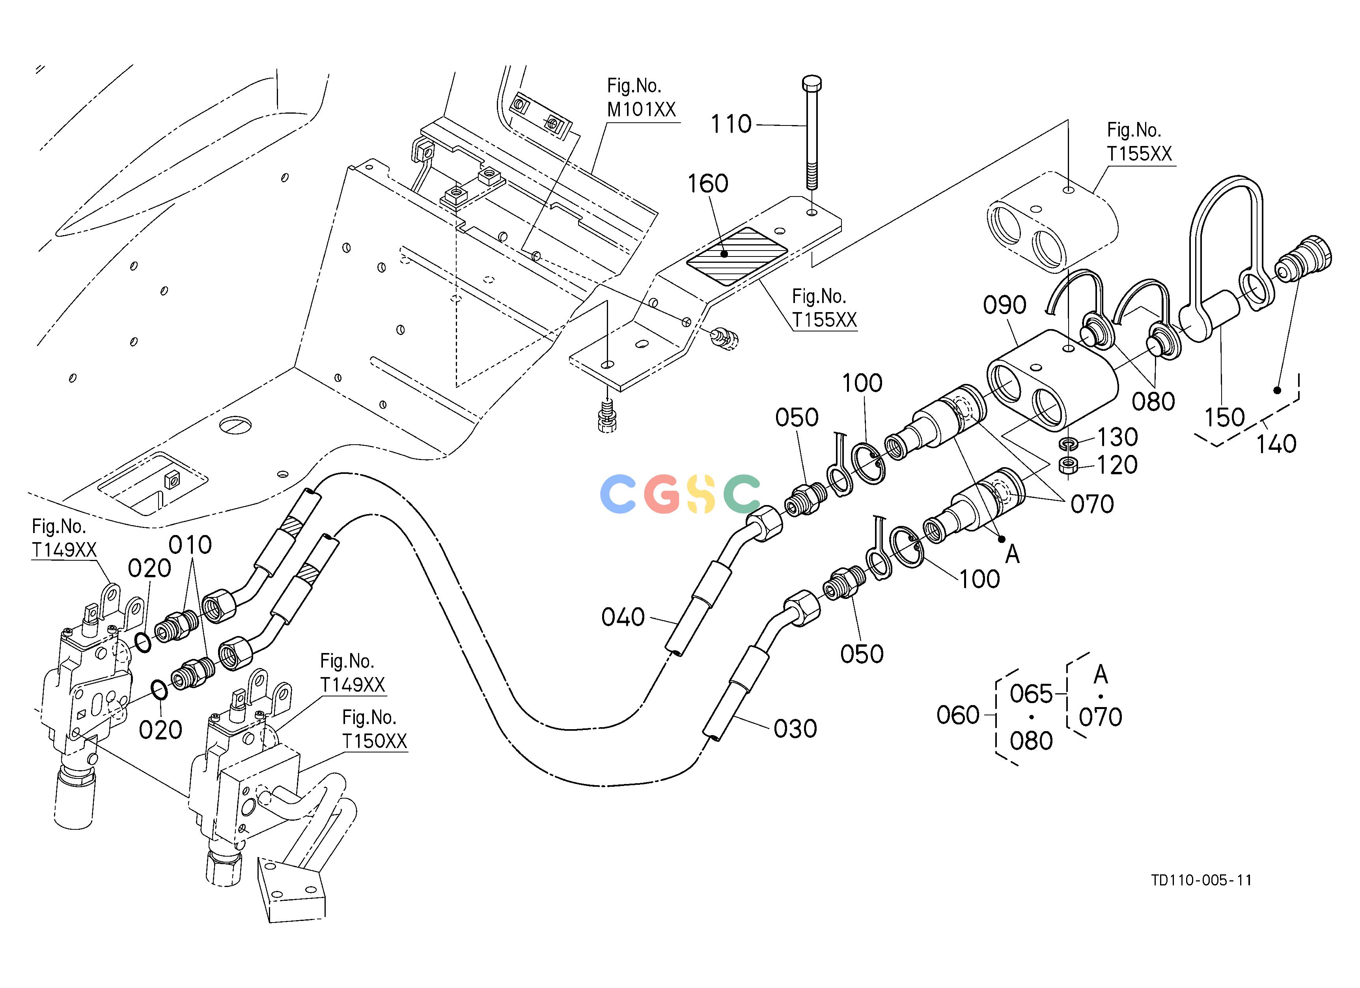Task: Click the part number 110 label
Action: click(x=731, y=124)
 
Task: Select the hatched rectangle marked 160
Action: click(x=736, y=256)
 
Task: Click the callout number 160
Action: click(x=707, y=183)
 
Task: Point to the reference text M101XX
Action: click(x=641, y=109)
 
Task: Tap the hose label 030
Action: click(x=795, y=729)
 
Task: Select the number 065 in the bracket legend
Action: click(x=1032, y=694)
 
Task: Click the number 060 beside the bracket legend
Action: click(x=958, y=715)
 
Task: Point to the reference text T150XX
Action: click(x=375, y=741)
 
